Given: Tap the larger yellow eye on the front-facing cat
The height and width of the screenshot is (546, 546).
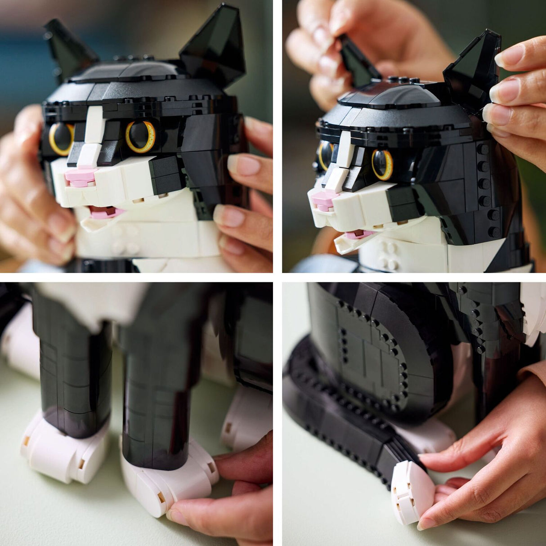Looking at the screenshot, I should [x=141, y=136].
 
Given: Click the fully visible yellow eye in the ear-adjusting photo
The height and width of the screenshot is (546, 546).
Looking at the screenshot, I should [x=382, y=164].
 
